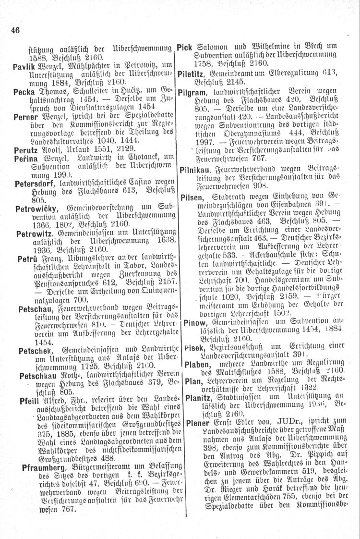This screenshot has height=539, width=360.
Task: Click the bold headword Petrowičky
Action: (x=36, y=209)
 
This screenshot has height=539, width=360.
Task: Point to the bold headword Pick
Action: (x=185, y=47)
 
